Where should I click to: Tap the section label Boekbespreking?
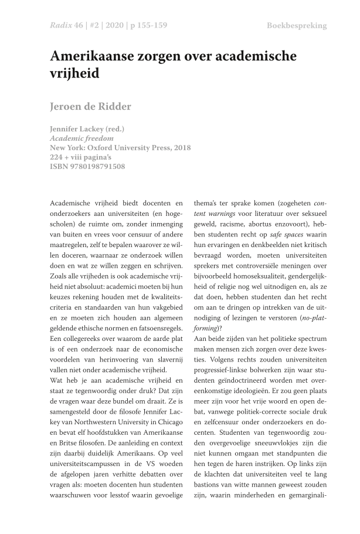click(x=297, y=26)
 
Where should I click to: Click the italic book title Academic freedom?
click(x=82, y=138)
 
